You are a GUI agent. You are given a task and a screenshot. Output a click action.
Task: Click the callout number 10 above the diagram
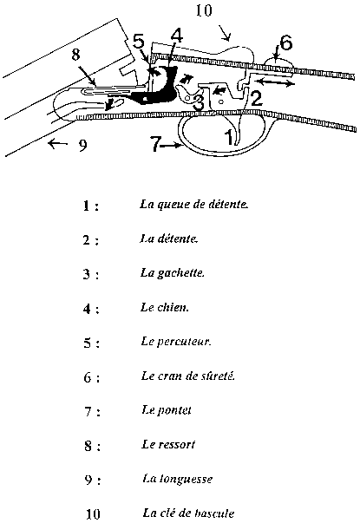[204, 10]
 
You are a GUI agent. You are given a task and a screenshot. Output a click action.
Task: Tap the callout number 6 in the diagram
[286, 42]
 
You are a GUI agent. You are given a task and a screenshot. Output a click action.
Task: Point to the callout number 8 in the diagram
[76, 55]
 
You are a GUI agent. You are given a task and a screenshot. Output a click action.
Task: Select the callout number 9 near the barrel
[82, 145]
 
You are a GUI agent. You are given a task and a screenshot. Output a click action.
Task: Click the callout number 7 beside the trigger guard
[156, 145]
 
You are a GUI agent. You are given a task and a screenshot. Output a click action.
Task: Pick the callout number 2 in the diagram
[256, 98]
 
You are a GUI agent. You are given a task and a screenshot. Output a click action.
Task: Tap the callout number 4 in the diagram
[176, 36]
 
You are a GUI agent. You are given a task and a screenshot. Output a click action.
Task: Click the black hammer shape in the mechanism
[157, 86]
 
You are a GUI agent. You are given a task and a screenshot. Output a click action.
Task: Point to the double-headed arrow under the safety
[273, 82]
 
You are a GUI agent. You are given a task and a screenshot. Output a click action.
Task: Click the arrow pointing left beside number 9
[58, 144]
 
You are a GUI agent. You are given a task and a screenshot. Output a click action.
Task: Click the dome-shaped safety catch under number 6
[279, 63]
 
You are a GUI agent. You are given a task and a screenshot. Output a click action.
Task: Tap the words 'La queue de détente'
[193, 204]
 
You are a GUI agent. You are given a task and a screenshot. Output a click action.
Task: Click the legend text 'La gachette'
[172, 273]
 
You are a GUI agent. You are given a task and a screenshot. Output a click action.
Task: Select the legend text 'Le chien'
[165, 307]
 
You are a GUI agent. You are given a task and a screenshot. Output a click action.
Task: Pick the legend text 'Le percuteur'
[176, 341]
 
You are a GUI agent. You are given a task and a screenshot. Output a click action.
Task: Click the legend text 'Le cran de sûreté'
[188, 376]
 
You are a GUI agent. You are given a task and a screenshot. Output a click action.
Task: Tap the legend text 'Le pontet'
[167, 410]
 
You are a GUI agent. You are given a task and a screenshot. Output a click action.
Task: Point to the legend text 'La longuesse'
[178, 479]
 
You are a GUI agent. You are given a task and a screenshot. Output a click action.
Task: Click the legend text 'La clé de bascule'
[188, 513]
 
